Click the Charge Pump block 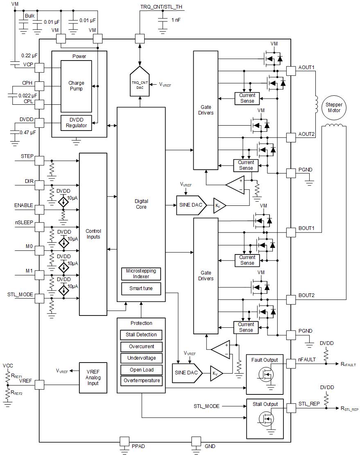(76, 86)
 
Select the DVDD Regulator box (77, 123)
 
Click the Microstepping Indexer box (141, 274)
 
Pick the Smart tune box (141, 288)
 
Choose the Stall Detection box (141, 335)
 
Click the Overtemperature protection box (141, 381)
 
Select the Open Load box (141, 369)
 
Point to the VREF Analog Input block (93, 378)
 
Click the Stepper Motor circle (334, 108)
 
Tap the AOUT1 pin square (290, 71)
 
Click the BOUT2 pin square (290, 300)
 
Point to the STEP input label (27, 156)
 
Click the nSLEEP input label (24, 223)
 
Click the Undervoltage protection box (141, 358)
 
